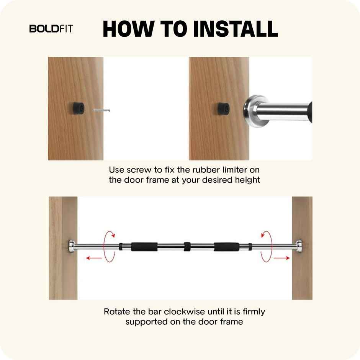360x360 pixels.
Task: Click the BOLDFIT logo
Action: point(51,29)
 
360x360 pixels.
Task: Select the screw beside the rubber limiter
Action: point(102,111)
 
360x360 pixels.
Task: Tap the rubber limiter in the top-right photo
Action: point(223,108)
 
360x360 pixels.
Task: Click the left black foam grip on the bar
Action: point(144,246)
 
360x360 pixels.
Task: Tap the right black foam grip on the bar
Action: point(226,246)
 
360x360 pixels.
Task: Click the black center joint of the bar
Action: point(187,246)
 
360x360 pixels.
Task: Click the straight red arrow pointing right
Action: point(282,259)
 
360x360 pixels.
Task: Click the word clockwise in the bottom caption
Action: point(185,311)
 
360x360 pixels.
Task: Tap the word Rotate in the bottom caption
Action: point(116,311)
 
